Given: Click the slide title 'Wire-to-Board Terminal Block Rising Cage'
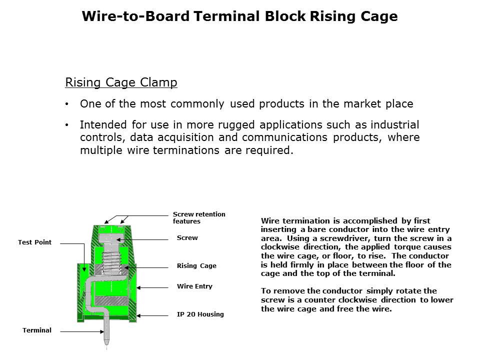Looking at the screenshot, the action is pos(239,16).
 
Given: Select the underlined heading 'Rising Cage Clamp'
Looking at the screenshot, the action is pos(121,82).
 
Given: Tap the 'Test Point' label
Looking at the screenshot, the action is pos(34,242).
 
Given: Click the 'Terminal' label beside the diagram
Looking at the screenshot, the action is pos(36,330).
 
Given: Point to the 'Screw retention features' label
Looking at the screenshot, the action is pos(199,217).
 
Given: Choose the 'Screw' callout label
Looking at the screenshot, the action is pos(187,238).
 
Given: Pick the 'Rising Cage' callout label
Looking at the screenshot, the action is pos(196,265).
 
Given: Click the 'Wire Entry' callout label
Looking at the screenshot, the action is pos(194,286).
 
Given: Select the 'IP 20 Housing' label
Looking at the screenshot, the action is pos(200,314).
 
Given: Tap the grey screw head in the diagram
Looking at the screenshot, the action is pos(111,238).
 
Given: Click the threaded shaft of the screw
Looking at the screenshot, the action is pos(111,258).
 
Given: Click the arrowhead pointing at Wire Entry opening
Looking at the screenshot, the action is pos(138,288).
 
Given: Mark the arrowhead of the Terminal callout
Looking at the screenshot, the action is pos(101,331).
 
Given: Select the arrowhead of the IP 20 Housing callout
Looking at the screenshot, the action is pos(138,315).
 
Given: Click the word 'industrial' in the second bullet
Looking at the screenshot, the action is pos(395,125).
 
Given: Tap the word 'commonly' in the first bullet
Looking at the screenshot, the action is pos(197,104).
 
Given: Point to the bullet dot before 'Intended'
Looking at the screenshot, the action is pos(66,125).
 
